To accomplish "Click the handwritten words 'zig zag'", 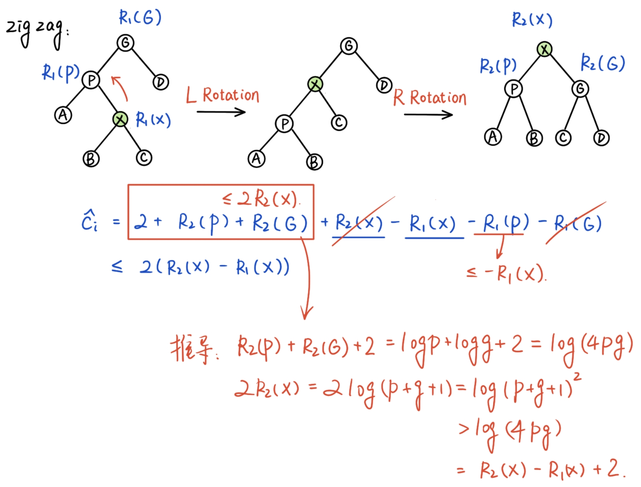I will (35, 31).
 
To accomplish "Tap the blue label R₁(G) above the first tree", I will (140, 17).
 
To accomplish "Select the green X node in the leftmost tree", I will (120, 119).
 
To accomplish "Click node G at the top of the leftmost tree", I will (125, 43).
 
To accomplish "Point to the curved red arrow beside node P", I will (120, 88).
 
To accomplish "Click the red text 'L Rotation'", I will (223, 95).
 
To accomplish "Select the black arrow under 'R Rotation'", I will (428, 115).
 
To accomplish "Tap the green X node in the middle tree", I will (315, 84).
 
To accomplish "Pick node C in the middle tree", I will (339, 122).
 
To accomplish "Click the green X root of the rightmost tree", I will (544, 49).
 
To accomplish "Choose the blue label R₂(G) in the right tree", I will (603, 63).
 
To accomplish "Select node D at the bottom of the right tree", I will (601, 138).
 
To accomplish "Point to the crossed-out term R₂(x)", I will (359, 223).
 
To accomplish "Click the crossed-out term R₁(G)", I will (577, 223).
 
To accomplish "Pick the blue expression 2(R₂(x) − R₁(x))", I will (214, 267).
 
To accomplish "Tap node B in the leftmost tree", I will (91, 159).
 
